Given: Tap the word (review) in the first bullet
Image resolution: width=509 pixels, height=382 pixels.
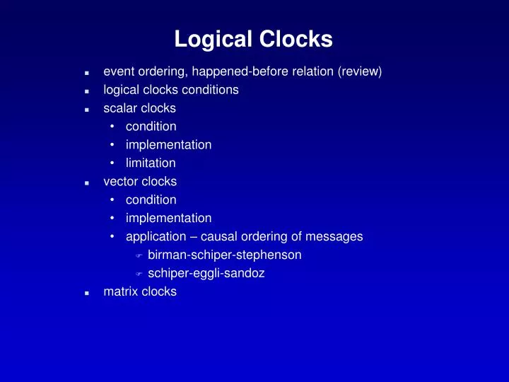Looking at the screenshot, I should point(362,71).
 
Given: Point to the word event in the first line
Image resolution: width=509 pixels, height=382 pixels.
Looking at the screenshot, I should point(118,71).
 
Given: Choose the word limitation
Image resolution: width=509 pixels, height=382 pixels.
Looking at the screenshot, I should point(151,163).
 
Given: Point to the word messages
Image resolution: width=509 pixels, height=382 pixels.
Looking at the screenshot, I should point(337,236).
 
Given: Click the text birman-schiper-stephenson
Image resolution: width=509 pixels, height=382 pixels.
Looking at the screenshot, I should point(225,255).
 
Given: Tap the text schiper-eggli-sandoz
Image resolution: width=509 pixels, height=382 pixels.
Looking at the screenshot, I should point(206,273).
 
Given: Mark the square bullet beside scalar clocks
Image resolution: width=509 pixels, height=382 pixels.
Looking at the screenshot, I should point(86,110).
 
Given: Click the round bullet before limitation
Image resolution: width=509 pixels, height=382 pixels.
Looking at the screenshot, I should point(112,163).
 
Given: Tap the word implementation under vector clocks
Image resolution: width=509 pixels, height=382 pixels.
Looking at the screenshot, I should point(168,218).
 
